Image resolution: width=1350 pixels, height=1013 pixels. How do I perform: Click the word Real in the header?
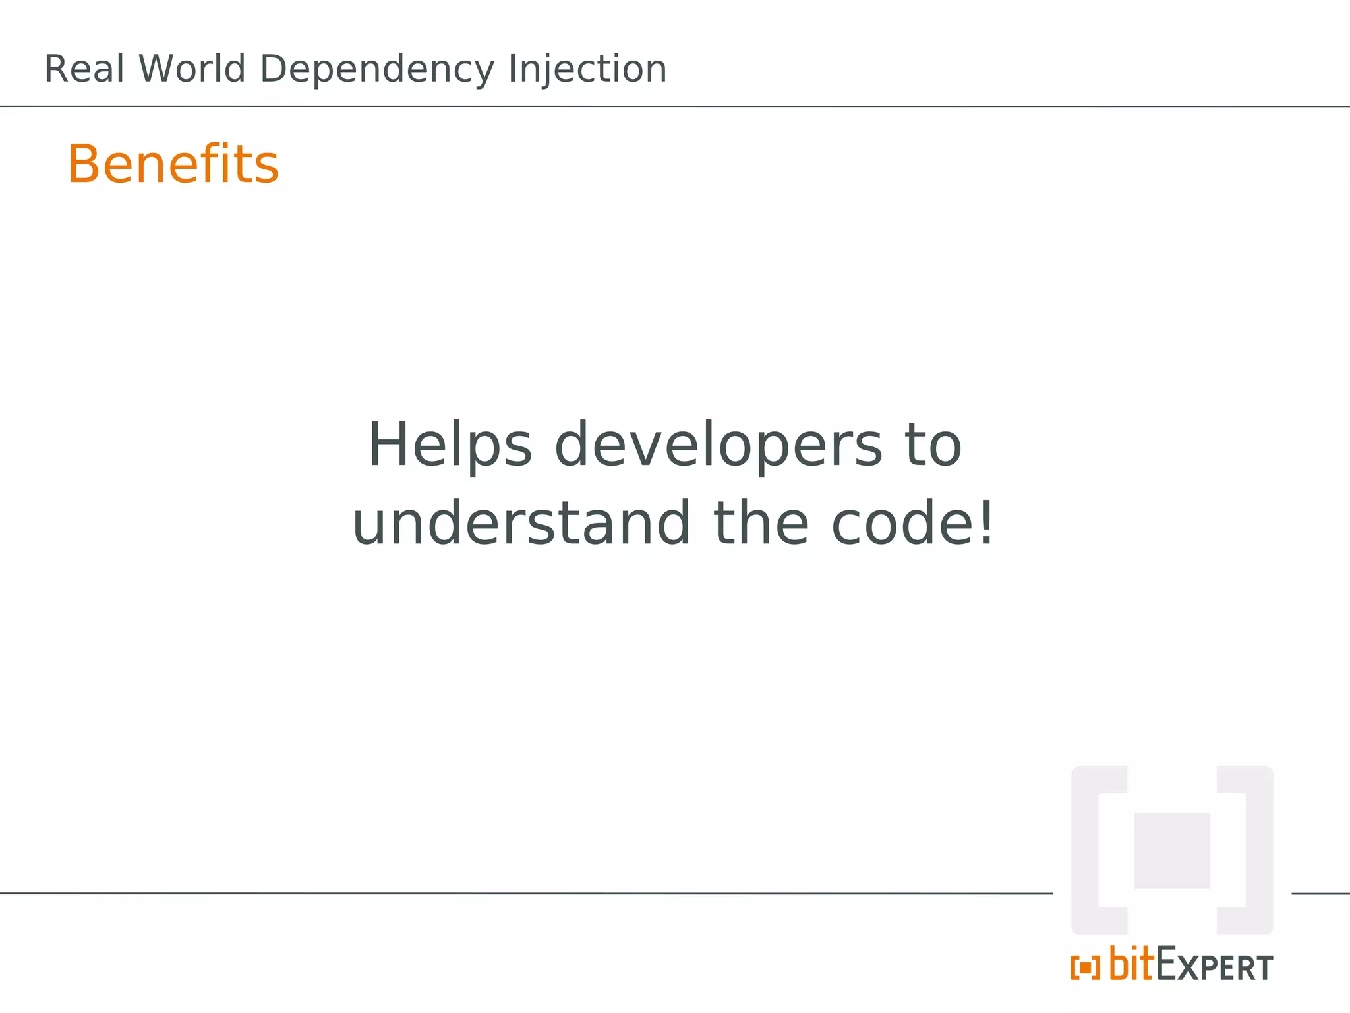[84, 69]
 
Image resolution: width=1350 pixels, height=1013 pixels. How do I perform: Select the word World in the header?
[192, 69]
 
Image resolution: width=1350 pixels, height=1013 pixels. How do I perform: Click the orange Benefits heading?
[173, 164]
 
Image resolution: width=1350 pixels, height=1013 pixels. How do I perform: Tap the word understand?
[521, 524]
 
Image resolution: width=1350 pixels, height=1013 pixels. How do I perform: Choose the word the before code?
[761, 524]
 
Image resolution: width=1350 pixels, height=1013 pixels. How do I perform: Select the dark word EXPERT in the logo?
[1215, 967]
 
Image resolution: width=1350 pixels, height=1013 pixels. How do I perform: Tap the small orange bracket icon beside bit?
[1085, 968]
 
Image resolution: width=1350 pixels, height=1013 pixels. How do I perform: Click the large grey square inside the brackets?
[1172, 850]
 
